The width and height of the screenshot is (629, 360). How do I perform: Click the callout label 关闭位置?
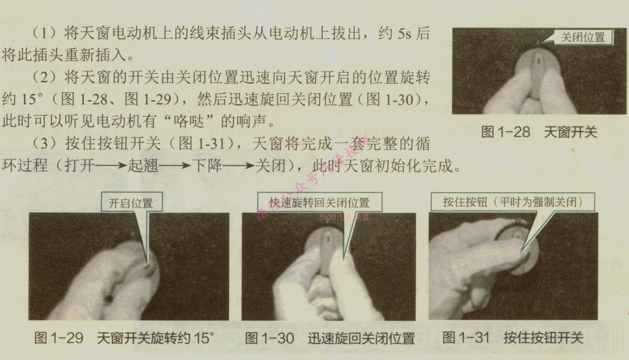point(583,38)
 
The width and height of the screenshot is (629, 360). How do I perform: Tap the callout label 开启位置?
point(131,203)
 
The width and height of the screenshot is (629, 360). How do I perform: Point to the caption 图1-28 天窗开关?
point(539,133)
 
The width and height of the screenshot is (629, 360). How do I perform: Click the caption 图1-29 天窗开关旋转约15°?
point(124,338)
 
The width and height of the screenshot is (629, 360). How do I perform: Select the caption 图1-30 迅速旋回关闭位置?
point(330,338)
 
